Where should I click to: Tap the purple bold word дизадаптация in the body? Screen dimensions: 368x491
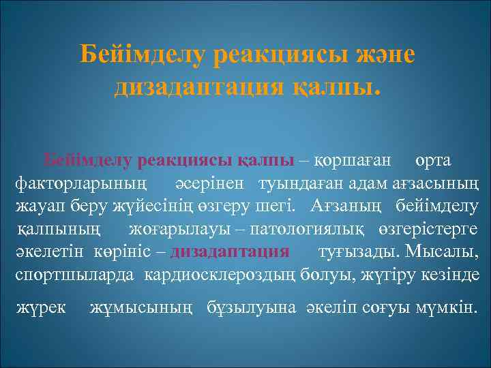pyautogui.click(x=230, y=250)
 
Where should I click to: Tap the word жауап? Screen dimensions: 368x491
pyautogui.click(x=39, y=206)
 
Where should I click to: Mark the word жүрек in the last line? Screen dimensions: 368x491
pyautogui.click(x=40, y=308)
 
